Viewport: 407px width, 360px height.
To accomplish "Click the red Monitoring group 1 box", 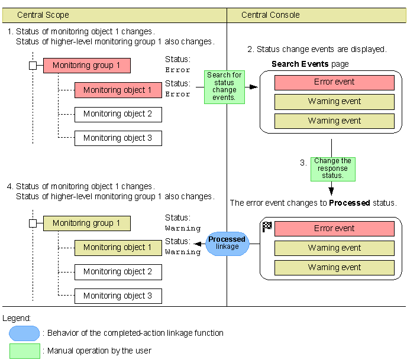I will (86, 66).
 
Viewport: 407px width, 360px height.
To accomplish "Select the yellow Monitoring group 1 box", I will (86, 223).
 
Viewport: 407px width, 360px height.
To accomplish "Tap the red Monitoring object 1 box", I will (118, 90).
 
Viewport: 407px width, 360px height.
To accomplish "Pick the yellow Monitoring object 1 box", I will (118, 248).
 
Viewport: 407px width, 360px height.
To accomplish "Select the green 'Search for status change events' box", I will (224, 87).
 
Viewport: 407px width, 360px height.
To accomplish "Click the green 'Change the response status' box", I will (332, 168).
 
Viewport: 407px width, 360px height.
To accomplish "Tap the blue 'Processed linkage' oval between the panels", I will (227, 243).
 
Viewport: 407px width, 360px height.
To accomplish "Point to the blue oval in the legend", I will (24, 333).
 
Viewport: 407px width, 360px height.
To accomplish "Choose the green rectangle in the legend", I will (24, 351).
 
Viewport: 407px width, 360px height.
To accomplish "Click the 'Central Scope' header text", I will (43, 15).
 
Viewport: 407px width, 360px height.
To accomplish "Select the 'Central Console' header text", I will (271, 15).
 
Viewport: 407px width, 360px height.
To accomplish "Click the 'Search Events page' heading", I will (310, 64).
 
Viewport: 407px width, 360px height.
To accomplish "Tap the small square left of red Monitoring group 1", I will (33, 65).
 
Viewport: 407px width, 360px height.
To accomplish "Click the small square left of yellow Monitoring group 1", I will (33, 223).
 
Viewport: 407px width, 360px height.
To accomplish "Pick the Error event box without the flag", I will (334, 83).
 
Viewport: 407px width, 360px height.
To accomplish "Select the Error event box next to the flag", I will (334, 229).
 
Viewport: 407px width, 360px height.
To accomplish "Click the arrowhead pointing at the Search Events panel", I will (254, 87).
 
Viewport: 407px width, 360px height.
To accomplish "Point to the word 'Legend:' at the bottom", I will (17, 318).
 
